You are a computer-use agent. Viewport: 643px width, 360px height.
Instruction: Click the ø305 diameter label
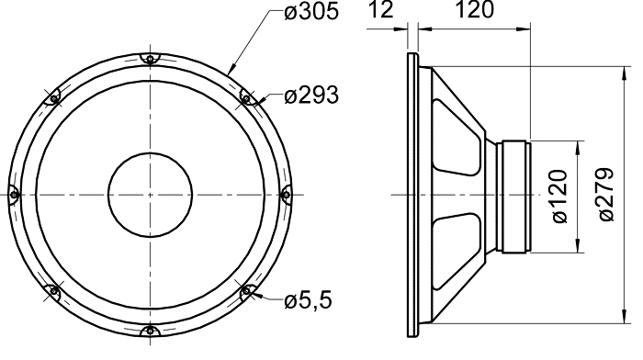pyautogui.click(x=311, y=12)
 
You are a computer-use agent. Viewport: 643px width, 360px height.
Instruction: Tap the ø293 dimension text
pyautogui.click(x=311, y=96)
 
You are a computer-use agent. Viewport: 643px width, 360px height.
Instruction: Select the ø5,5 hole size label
pyautogui.click(x=308, y=301)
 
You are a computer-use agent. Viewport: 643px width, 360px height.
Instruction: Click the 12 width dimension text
pyautogui.click(x=381, y=10)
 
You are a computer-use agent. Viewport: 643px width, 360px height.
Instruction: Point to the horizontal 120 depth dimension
pyautogui.click(x=475, y=10)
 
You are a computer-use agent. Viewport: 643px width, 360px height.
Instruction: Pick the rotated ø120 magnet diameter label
pyautogui.click(x=560, y=197)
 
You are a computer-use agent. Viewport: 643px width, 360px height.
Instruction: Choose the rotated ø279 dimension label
pyautogui.click(x=607, y=195)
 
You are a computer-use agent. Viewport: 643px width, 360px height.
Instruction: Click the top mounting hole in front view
pyautogui.click(x=151, y=60)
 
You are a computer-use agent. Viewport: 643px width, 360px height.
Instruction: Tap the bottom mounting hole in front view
pyautogui.click(x=151, y=330)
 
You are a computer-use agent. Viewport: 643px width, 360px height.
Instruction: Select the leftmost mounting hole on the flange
pyautogui.click(x=14, y=195)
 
